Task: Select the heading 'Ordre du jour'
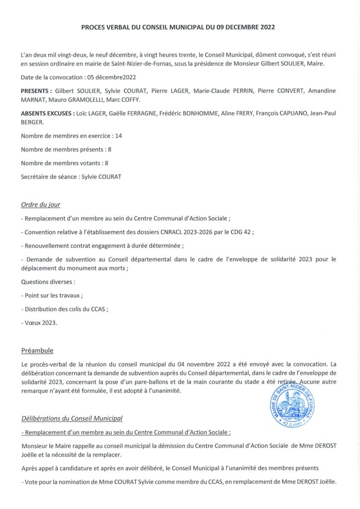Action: tap(41, 204)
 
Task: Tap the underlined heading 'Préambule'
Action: tap(37, 350)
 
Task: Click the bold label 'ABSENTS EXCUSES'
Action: tap(47, 114)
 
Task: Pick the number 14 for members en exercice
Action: tap(118, 136)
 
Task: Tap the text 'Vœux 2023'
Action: tap(41, 323)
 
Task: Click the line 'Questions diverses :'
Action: tap(48, 282)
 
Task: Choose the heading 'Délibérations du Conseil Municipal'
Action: tap(72, 418)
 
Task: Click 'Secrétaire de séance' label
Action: tap(49, 176)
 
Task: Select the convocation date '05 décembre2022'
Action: tap(111, 78)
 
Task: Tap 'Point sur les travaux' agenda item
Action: tap(53, 295)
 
